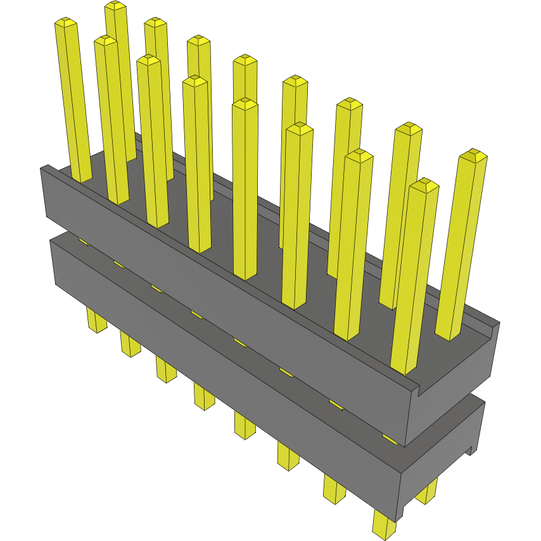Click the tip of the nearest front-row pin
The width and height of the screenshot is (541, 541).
(424, 186)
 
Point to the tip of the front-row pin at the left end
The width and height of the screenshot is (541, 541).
(66, 23)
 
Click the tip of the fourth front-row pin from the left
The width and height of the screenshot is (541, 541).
(195, 81)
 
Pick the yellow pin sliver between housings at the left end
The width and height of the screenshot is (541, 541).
(83, 241)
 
